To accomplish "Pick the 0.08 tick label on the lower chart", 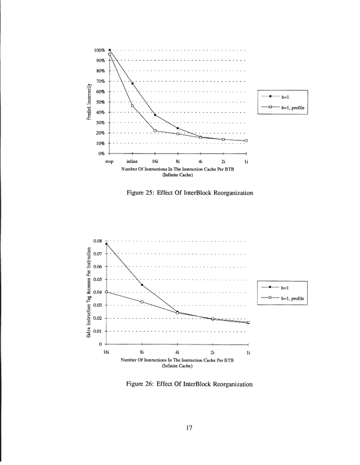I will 98,241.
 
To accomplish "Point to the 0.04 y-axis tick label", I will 98,292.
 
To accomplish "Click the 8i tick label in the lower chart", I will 142,351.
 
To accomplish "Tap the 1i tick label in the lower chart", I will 248,351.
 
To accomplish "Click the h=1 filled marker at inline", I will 132,83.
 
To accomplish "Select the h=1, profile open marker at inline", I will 132,106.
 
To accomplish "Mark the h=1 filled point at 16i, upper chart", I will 155,115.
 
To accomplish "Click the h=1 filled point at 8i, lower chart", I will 142,285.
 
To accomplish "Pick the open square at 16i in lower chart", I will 106,292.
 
